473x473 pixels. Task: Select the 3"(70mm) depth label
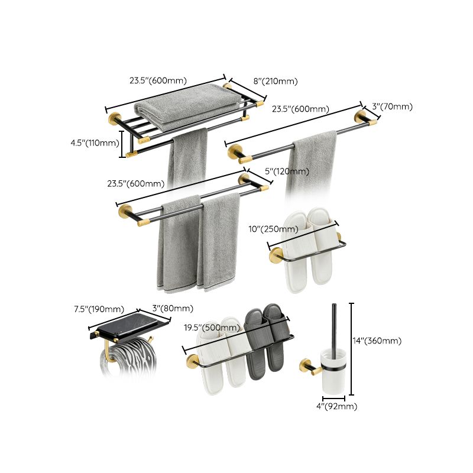coord(392,107)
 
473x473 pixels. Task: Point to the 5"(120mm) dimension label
coord(287,171)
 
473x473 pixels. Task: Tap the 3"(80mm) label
coord(173,309)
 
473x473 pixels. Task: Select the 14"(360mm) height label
coord(377,341)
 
